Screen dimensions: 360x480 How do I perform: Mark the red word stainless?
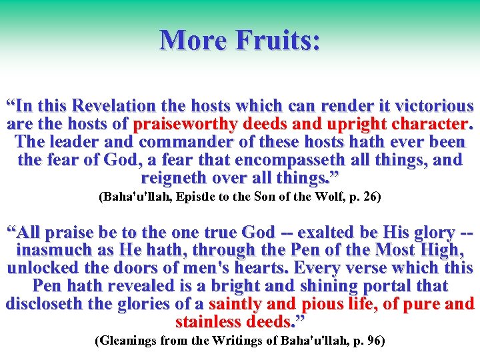point(211,323)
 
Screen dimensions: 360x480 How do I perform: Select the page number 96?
point(373,341)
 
